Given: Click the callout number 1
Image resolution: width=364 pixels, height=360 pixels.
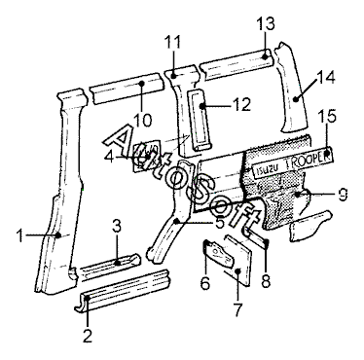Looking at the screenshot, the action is [x=20, y=235].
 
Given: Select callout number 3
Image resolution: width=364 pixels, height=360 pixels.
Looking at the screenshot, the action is [x=117, y=227].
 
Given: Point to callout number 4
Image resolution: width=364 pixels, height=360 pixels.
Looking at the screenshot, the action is [x=109, y=158].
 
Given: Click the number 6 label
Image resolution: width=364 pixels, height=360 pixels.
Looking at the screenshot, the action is [x=205, y=283].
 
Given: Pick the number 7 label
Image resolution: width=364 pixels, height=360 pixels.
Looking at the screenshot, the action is [x=237, y=310].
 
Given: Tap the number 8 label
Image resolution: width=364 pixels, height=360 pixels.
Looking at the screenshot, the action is [x=266, y=281].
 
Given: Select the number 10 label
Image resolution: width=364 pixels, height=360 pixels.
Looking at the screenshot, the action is [x=142, y=120].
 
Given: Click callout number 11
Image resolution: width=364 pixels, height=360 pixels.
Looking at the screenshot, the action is [x=172, y=42].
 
